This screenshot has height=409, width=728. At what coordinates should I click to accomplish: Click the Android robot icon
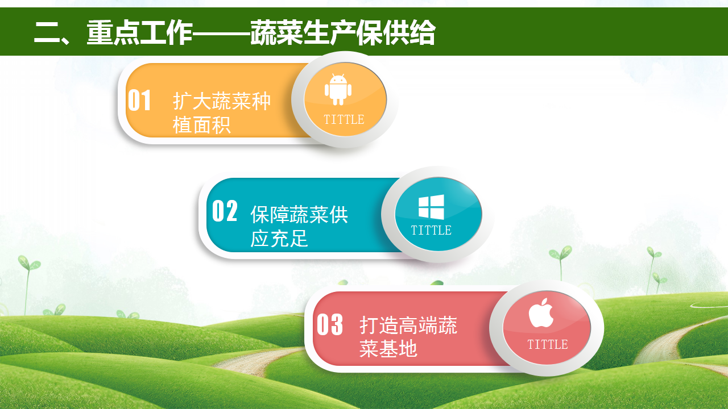coord(338,90)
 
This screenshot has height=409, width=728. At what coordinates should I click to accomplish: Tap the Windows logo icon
coord(431,207)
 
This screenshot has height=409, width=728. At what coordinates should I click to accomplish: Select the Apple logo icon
coord(541,312)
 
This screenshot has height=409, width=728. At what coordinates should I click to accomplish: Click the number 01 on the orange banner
coord(139,101)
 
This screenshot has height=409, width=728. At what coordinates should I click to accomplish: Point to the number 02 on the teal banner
coord(225,211)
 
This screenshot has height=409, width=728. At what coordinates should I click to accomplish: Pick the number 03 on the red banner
coord(330,324)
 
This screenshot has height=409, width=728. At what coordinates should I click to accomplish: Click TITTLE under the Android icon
coord(344,119)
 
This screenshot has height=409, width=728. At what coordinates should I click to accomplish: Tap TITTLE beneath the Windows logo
coord(431,230)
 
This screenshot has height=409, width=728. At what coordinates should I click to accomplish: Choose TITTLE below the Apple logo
coord(548,344)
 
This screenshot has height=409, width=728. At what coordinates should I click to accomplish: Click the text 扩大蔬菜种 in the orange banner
coord(222,101)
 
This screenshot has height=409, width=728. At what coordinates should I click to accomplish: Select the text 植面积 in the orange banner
coord(202,125)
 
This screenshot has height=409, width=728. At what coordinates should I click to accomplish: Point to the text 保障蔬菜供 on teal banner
coord(299,214)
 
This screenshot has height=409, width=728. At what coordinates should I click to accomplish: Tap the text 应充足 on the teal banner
coord(279,238)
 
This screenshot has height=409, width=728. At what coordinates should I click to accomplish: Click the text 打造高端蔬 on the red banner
coord(408,325)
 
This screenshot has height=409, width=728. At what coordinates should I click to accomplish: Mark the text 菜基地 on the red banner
coord(388,349)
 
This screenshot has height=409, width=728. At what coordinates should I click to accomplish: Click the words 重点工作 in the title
coord(140,32)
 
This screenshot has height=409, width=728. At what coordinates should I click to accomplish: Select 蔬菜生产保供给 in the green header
coord(343,32)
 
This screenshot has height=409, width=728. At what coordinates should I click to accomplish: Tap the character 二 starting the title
coord(47,32)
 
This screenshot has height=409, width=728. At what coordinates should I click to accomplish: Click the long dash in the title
coord(222,33)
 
